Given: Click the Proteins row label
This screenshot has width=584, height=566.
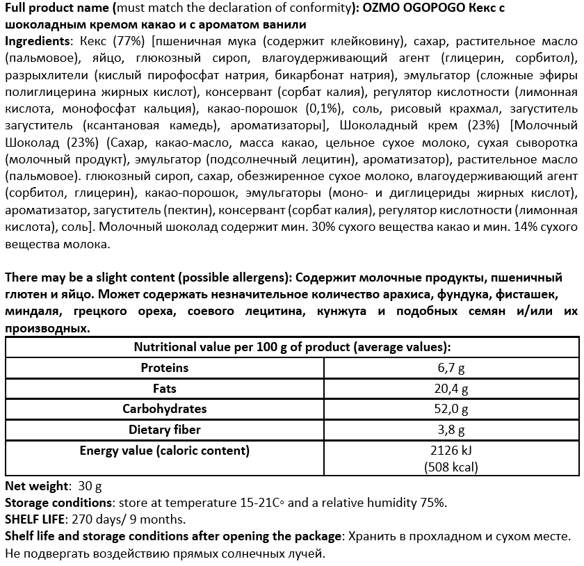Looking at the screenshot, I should tap(164, 367).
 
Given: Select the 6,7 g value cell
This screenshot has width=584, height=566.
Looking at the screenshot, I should tap(451, 368).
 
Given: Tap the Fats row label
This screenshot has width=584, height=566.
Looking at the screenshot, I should tap(164, 388).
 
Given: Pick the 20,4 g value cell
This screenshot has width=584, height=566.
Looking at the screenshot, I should tap(451, 389).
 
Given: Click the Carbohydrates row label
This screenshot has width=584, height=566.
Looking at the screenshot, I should tap(164, 409).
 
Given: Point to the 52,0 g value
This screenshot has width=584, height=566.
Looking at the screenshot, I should tap(451, 410).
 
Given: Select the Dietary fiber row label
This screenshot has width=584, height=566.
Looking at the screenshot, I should tap(164, 430).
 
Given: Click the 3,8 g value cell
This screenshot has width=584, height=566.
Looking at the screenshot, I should tap(451, 430).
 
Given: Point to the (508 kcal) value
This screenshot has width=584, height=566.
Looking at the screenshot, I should tap(451, 467).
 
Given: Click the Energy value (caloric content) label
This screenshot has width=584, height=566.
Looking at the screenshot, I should tap(164, 451).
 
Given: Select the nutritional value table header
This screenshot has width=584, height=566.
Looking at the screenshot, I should tap(291, 347).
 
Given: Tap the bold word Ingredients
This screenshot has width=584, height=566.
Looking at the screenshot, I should tap(36, 40).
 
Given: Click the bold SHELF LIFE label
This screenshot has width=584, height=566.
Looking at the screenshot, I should tap(33, 519).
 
